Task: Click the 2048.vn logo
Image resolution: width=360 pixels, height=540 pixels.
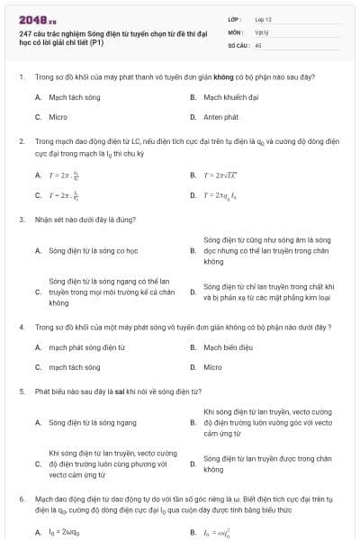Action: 37,19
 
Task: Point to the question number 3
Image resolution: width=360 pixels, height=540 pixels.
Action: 22,219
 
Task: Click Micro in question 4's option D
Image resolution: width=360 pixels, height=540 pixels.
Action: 211,367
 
